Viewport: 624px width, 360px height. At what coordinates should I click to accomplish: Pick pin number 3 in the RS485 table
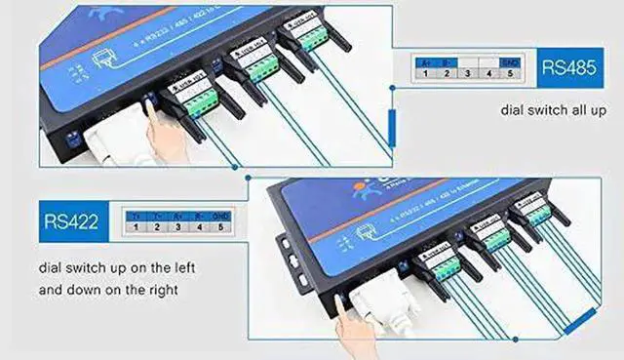[467, 72]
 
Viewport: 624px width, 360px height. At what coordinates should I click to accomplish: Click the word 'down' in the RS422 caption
[81, 290]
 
